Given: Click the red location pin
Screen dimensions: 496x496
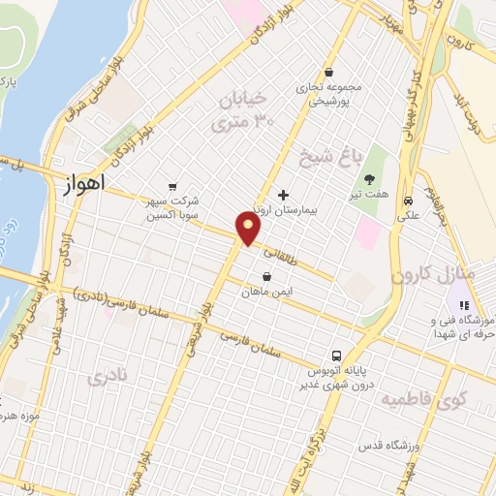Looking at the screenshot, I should (x=249, y=229).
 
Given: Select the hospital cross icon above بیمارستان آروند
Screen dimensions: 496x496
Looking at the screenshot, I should (x=283, y=195).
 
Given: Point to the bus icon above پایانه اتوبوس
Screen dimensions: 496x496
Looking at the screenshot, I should (x=337, y=355).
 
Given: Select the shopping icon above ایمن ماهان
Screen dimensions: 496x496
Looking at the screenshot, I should (x=266, y=276).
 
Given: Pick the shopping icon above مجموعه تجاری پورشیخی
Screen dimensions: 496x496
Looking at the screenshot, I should (x=329, y=73).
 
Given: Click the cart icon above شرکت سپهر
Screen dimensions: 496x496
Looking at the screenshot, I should (x=172, y=186).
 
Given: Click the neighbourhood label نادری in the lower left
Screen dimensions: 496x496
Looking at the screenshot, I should (x=108, y=378).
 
